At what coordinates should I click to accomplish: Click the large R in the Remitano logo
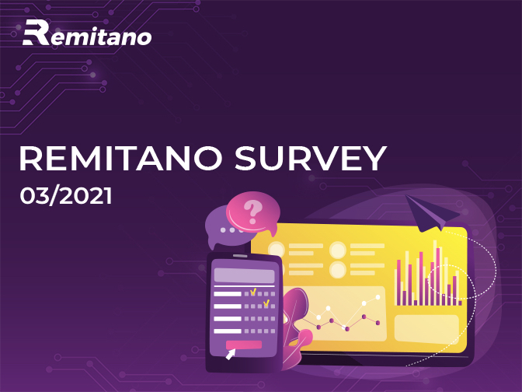click(37, 33)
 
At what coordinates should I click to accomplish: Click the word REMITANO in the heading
click(120, 158)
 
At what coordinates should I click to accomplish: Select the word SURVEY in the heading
click(311, 158)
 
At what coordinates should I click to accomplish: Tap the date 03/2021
click(66, 196)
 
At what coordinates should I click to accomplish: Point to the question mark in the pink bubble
click(252, 212)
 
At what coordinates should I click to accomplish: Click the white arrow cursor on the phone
click(231, 354)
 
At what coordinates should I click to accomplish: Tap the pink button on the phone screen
click(244, 345)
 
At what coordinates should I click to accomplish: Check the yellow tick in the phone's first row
click(253, 292)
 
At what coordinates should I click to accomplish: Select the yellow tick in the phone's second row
click(266, 303)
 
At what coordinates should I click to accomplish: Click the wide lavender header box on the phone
click(244, 275)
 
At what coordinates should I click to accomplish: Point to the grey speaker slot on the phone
click(240, 256)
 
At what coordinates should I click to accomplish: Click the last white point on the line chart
click(378, 296)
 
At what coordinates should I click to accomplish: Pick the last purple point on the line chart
click(378, 323)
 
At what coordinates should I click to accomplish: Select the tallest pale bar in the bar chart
click(435, 273)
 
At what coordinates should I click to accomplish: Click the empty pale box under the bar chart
click(426, 330)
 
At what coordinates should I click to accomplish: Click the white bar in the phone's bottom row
click(228, 331)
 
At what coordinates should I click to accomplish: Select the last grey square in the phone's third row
click(273, 319)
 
